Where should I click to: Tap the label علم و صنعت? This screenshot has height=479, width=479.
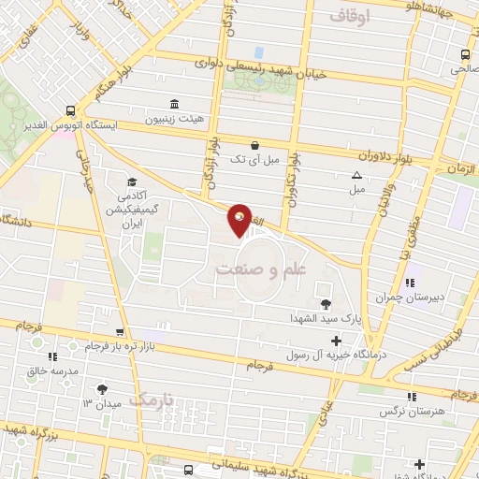(261, 269)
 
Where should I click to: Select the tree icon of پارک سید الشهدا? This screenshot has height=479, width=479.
(326, 303)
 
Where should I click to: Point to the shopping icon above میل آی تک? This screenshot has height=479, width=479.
(254, 145)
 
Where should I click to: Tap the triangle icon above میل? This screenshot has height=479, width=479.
(356, 175)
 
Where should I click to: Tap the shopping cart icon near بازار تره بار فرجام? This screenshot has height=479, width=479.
(119, 332)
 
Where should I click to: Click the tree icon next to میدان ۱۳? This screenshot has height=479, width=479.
(103, 389)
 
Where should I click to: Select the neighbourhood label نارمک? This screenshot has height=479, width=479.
(152, 400)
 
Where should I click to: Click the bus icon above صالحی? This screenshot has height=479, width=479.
(465, 53)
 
